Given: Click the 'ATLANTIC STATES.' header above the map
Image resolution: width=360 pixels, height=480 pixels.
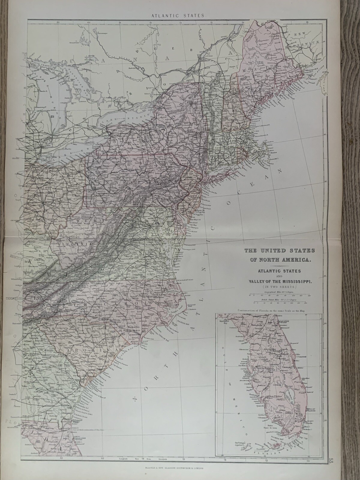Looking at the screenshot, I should [x=180, y=14].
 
